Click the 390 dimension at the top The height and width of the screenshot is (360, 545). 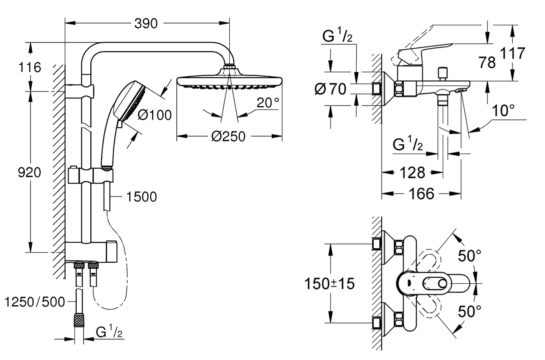[146, 24]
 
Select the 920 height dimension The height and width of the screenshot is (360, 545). [29, 173]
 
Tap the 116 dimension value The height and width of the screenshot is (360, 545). [30, 67]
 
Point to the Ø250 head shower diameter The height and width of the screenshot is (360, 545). [228, 137]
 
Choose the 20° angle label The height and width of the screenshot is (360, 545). [268, 103]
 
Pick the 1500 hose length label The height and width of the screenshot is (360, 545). [142, 197]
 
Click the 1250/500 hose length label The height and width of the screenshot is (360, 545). [35, 302]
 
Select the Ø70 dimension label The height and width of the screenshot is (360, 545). [330, 89]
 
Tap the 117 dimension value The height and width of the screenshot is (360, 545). [513, 53]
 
